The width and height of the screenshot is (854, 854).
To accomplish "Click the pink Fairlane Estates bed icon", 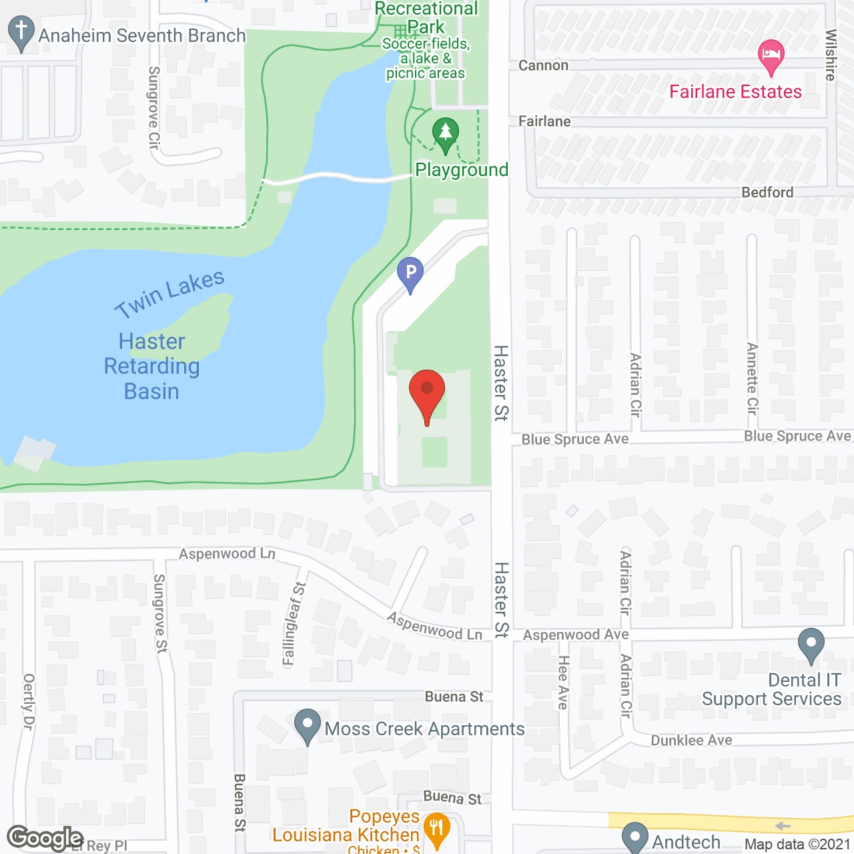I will pyautogui.click(x=771, y=55).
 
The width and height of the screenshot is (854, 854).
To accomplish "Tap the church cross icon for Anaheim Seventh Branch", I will pyautogui.click(x=21, y=33).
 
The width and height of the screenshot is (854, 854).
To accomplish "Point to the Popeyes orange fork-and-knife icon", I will pyautogui.click(x=436, y=829).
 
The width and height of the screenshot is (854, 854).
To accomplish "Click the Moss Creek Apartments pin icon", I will pyautogui.click(x=308, y=726).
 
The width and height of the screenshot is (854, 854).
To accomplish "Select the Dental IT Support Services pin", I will pyautogui.click(x=811, y=645).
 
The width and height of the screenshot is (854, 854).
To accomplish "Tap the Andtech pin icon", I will pyautogui.click(x=635, y=838).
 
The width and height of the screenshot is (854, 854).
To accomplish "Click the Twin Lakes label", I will pyautogui.click(x=169, y=294).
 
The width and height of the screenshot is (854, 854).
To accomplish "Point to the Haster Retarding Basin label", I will pyautogui.click(x=152, y=366).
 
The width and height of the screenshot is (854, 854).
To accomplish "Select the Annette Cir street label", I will pyautogui.click(x=753, y=378).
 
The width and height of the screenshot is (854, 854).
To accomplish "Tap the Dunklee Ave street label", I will pyautogui.click(x=691, y=740).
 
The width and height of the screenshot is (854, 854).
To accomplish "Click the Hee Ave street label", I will pyautogui.click(x=563, y=682).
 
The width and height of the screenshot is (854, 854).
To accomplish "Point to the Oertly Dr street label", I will pyautogui.click(x=28, y=701).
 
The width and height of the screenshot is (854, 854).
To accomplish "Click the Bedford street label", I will pyautogui.click(x=767, y=192).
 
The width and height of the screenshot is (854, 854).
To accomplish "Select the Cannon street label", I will pyautogui.click(x=543, y=65).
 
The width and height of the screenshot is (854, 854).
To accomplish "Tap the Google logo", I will pyautogui.click(x=45, y=839).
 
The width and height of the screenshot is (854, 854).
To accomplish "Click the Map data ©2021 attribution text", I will pyautogui.click(x=797, y=844).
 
